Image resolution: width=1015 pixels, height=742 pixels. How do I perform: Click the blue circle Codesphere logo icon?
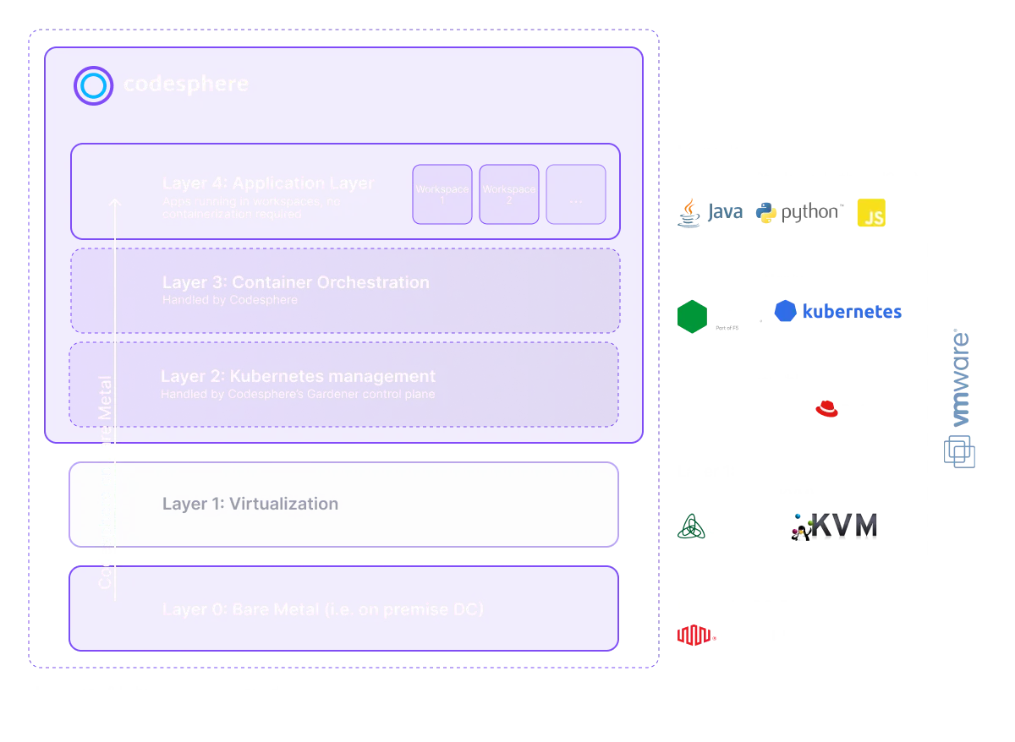(93, 85)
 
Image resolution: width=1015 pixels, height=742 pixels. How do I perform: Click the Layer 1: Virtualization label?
(250, 504)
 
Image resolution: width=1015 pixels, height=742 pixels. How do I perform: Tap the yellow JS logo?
(870, 214)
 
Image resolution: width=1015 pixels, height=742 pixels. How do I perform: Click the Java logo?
(689, 213)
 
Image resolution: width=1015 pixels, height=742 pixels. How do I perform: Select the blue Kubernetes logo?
(786, 312)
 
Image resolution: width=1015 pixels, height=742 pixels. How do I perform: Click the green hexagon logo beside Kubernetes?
(692, 315)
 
